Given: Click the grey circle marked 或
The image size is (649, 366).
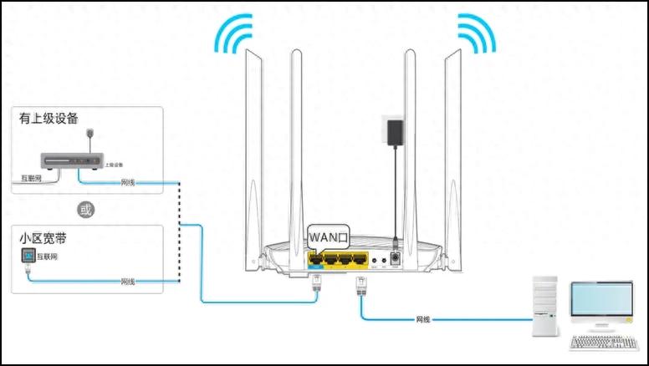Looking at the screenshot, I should coord(84,209).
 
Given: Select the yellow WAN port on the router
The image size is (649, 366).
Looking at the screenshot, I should coord(317,260).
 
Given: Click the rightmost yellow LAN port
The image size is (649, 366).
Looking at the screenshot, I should coord(360,260).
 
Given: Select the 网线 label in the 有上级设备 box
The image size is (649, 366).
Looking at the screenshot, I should coord(128,181).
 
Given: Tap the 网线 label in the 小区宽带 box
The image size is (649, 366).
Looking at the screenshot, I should coord(128,281).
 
